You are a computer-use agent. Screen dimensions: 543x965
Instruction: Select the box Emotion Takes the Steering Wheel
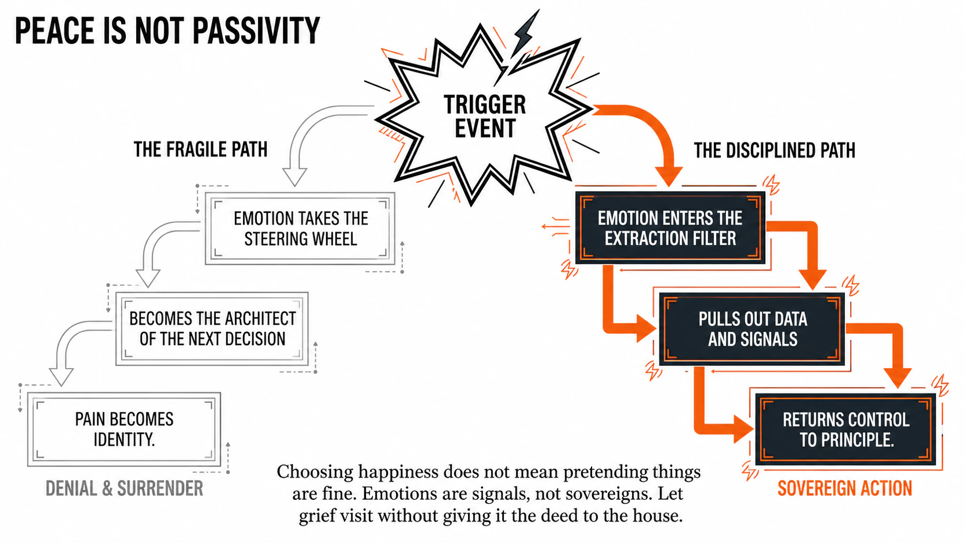click(300, 229)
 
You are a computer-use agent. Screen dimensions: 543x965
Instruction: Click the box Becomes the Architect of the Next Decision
click(212, 329)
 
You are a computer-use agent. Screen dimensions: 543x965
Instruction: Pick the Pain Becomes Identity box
click(124, 429)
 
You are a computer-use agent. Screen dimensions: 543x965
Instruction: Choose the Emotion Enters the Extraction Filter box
click(670, 228)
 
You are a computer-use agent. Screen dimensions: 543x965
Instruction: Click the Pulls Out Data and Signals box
click(752, 329)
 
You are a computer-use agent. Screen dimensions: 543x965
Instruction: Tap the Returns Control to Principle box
click(846, 429)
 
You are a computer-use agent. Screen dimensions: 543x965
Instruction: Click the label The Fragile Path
click(200, 149)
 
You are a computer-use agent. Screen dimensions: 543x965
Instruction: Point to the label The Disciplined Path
click(774, 151)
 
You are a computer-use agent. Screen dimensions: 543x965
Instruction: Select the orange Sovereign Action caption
click(844, 489)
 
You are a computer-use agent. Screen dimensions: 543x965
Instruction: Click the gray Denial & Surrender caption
click(124, 489)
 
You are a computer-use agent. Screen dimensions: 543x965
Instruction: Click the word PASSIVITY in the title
click(256, 31)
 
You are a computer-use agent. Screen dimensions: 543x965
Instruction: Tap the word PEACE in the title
click(55, 31)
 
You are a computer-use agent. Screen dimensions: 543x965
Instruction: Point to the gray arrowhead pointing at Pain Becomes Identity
click(61, 376)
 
